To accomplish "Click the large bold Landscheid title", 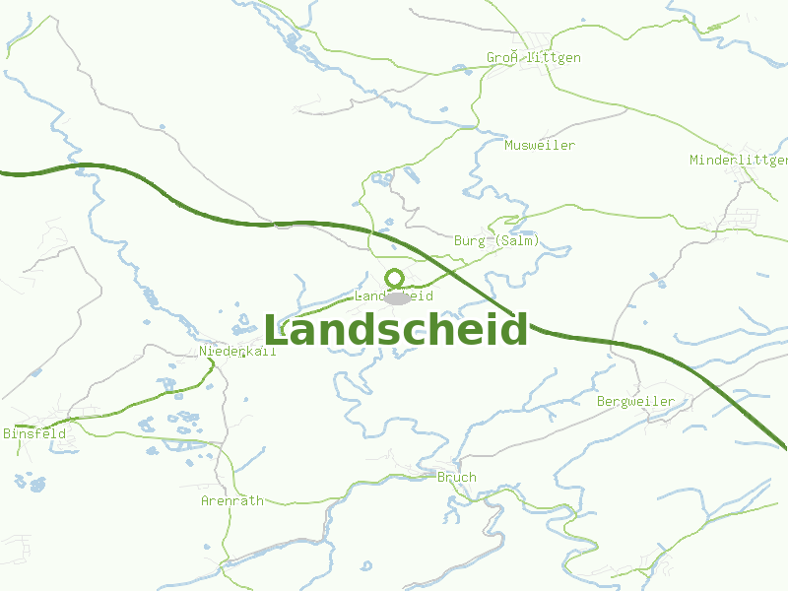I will [x=395, y=331].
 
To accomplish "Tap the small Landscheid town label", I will [x=394, y=295].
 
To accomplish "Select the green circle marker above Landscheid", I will [x=395, y=278].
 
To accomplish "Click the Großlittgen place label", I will [x=533, y=57].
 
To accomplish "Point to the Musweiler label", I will [x=540, y=145].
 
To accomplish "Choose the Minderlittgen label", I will [x=738, y=160].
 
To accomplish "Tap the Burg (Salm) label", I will [x=497, y=240].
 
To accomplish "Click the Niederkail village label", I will [x=237, y=351].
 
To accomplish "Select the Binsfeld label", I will [x=34, y=433].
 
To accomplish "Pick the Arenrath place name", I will [x=232, y=500].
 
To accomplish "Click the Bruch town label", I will [x=456, y=477].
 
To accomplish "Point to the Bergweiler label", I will [x=635, y=401].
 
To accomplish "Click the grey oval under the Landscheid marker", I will [x=397, y=297].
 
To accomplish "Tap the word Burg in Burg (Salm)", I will [x=470, y=240].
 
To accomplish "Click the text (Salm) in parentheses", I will [x=518, y=240].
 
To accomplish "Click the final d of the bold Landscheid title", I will [x=515, y=331].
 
